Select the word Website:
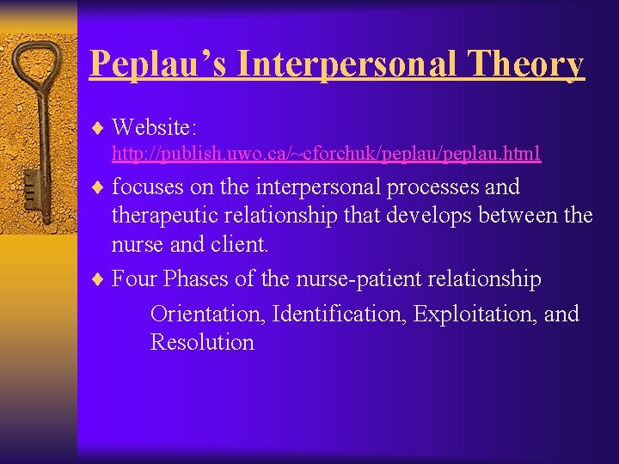pos(155,128)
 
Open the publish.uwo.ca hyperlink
pos(327,154)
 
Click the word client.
pos(237,245)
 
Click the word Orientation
pos(207,314)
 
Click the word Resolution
pos(202,342)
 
